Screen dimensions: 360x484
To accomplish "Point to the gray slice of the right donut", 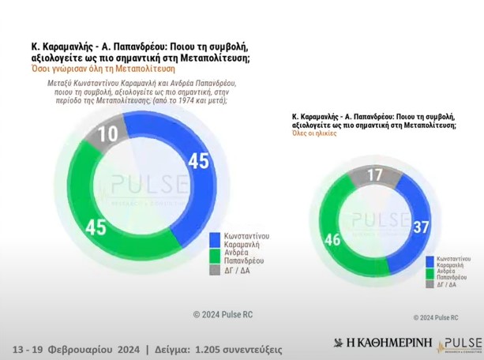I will [376, 174].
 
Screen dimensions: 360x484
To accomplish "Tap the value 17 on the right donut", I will [376, 174].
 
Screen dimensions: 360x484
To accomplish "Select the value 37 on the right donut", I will [421, 227].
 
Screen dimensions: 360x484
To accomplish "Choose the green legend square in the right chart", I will [430, 273].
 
